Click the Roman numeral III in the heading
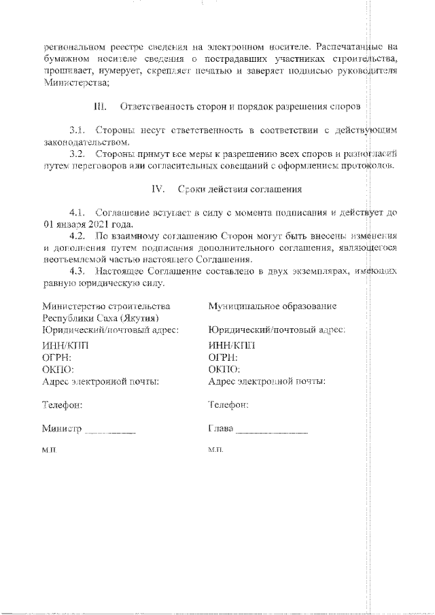point(98,107)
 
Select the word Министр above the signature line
point(61,429)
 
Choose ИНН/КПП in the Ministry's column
point(65,345)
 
